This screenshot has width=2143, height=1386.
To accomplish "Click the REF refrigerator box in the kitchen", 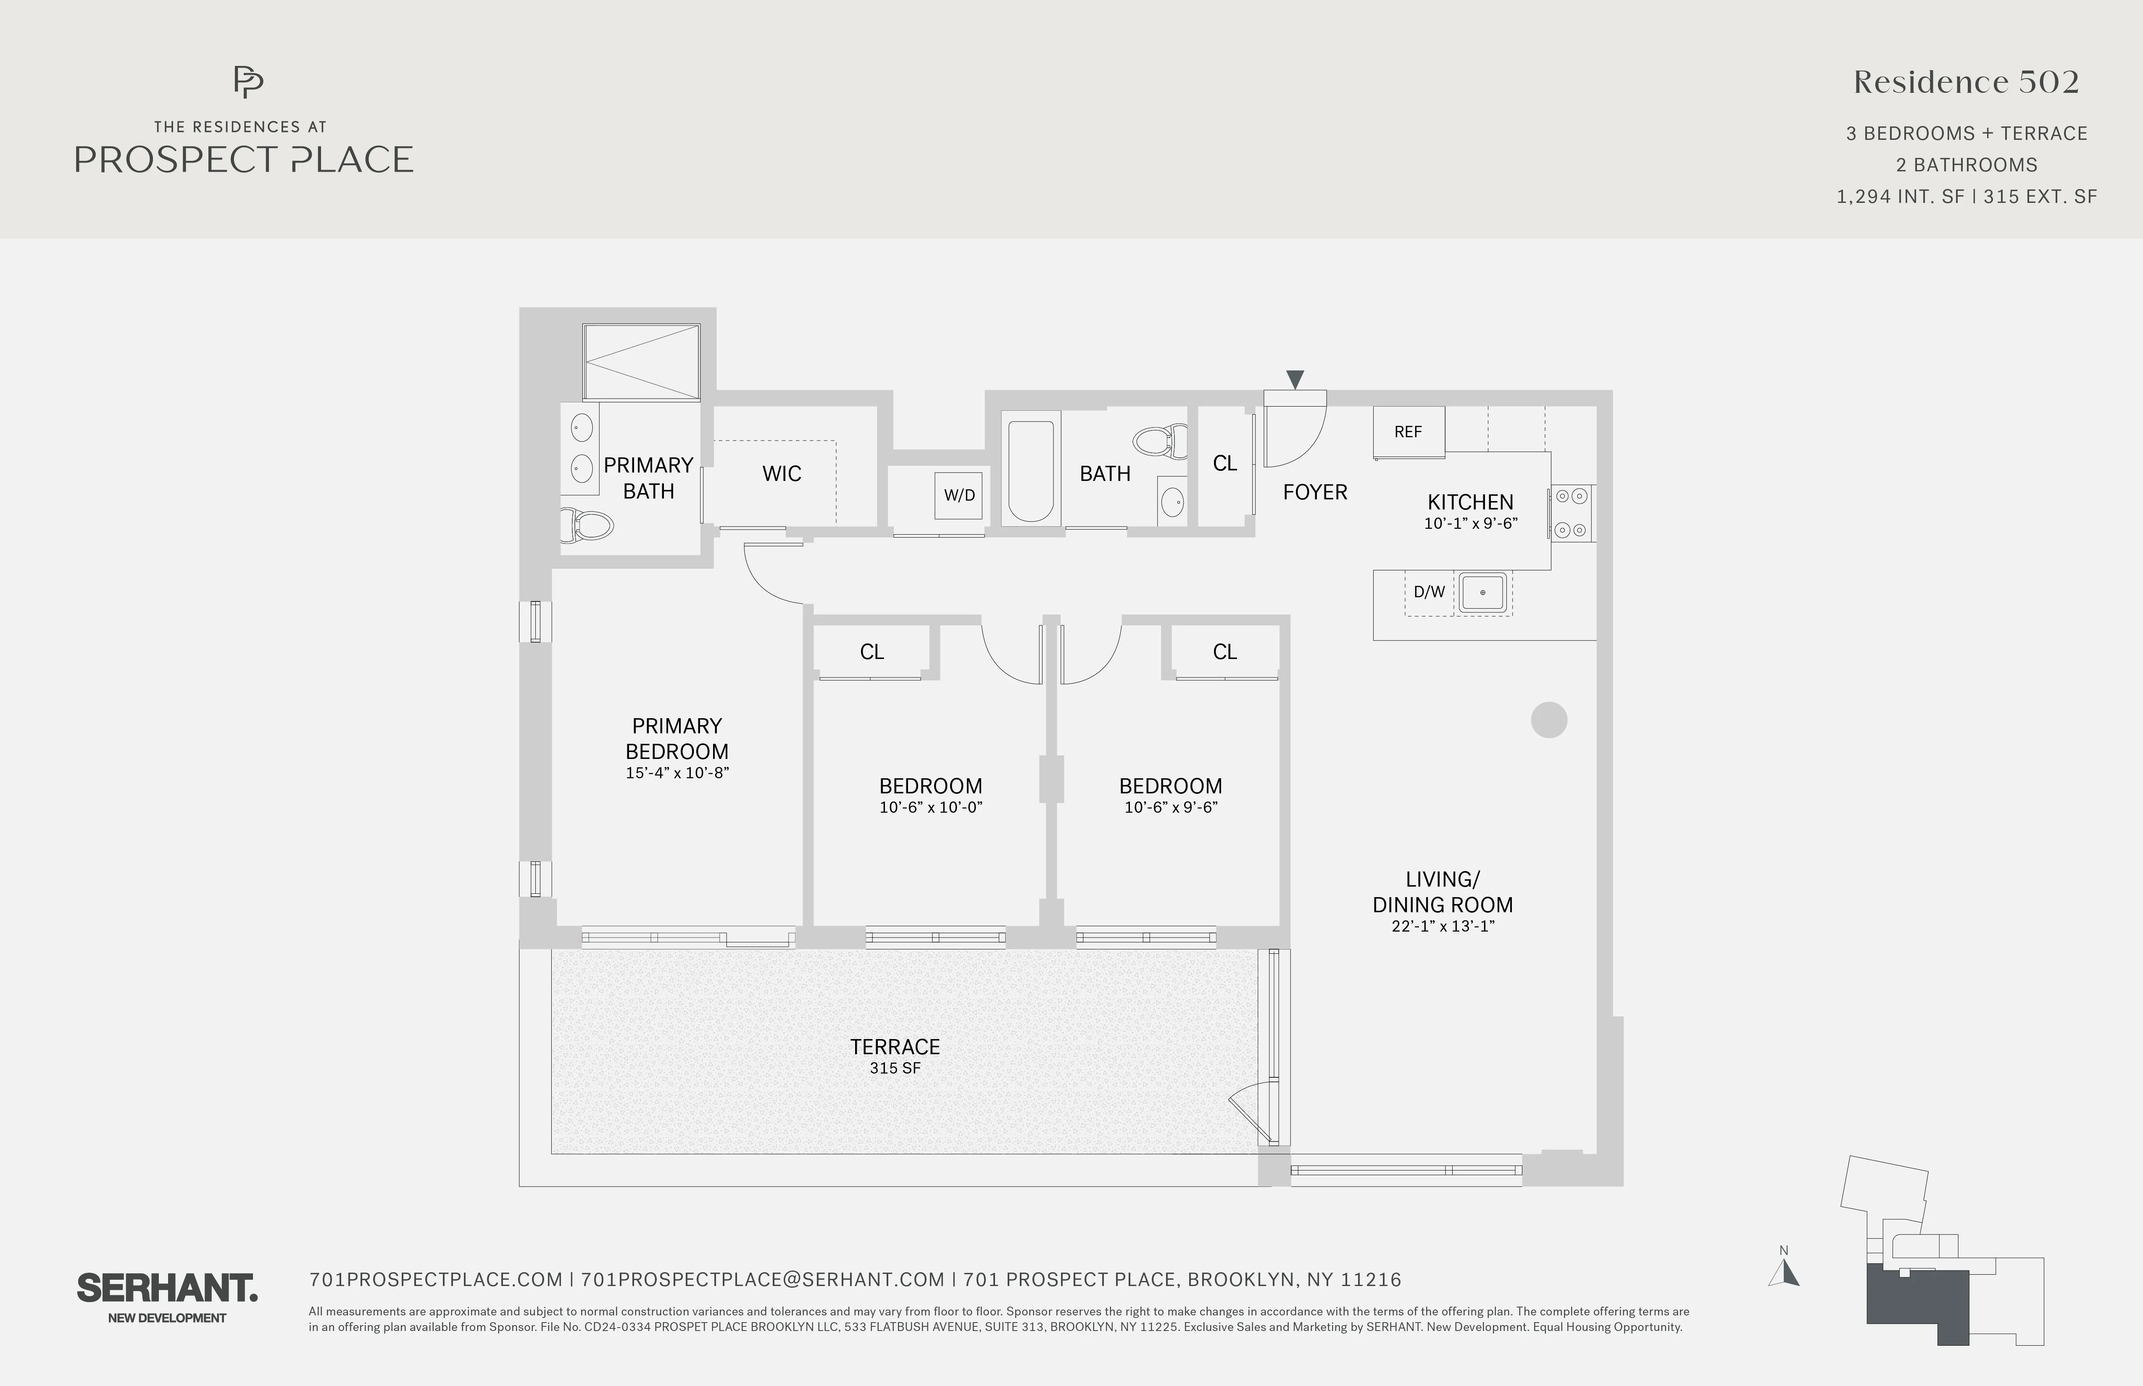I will (1408, 432).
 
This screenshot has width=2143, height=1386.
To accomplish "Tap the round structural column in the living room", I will (1549, 720).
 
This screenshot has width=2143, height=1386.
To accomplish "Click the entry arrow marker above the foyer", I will (1295, 380).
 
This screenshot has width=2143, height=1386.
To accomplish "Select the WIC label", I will (782, 473).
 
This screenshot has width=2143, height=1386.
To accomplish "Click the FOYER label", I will (1315, 492).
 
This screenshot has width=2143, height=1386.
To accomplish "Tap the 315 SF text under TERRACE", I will (895, 1068).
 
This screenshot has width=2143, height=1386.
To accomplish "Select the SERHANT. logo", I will (168, 1289).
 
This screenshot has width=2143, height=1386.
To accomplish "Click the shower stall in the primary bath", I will (641, 362).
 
